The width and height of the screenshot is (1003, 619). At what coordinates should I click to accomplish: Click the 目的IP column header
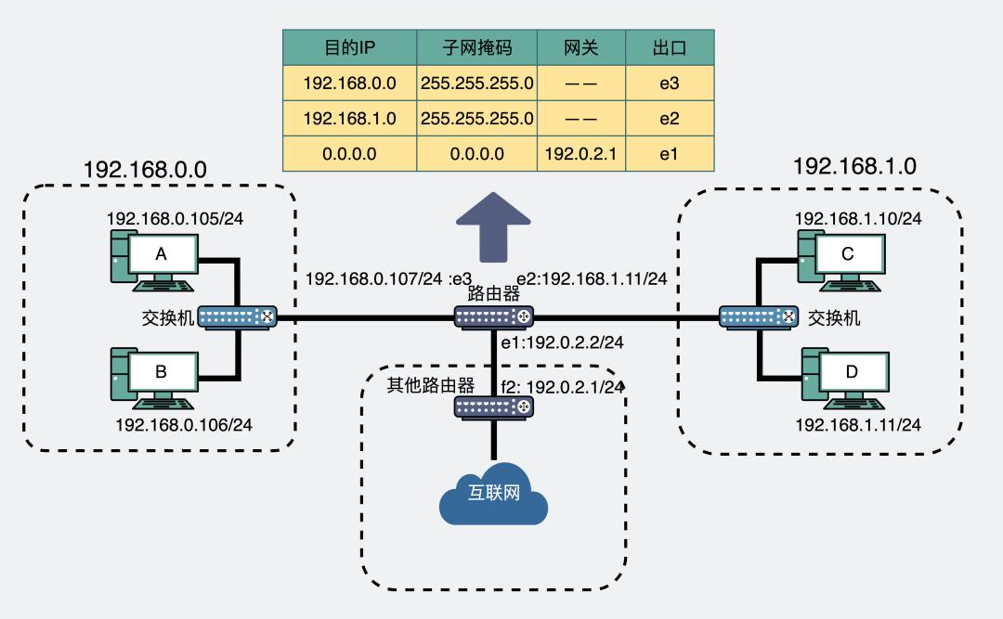[349, 47]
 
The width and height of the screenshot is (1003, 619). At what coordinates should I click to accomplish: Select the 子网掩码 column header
[476, 47]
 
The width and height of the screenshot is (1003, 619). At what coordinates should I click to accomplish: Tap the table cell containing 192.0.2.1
[581, 154]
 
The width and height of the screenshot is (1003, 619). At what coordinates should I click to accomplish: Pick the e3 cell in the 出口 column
[670, 84]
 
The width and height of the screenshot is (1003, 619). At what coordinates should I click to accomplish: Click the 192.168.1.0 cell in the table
[349, 119]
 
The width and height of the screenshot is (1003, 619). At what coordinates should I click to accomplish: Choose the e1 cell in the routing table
[670, 154]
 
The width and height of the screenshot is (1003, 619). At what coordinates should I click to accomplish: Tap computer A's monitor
[162, 254]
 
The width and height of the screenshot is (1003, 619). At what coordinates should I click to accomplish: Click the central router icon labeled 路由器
[493, 318]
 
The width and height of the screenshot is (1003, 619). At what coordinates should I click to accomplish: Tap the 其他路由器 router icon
[493, 407]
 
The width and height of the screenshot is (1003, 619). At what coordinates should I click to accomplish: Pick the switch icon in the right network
[759, 318]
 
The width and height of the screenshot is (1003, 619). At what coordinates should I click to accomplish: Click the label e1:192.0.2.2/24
[562, 343]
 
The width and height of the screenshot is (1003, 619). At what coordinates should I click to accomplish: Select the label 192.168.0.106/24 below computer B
[184, 424]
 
